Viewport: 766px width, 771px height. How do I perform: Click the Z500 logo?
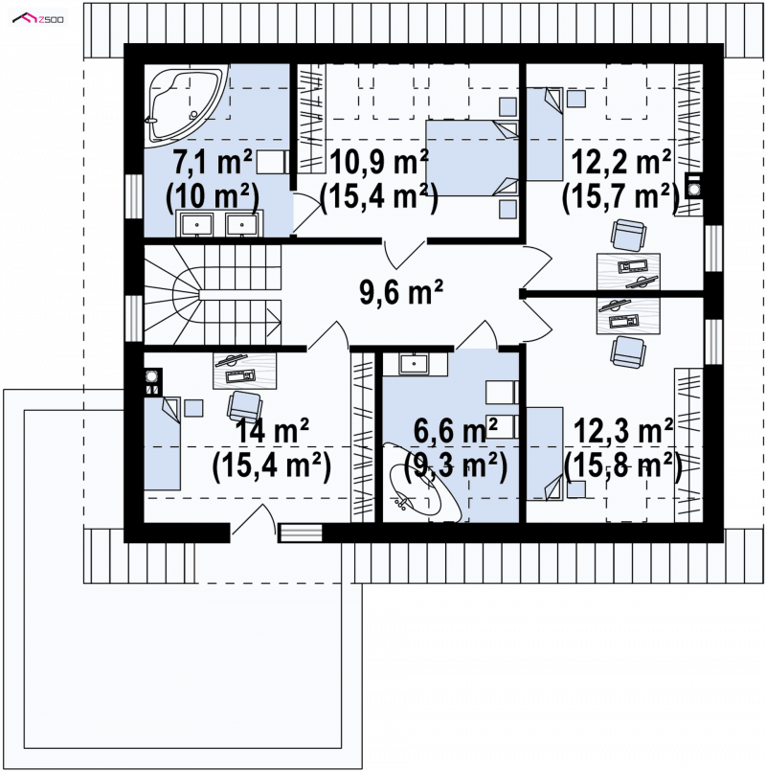click(38, 19)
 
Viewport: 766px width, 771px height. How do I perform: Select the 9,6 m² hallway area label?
click(401, 292)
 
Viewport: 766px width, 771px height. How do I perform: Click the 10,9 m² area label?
click(379, 162)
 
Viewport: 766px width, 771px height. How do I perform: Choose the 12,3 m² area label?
click(623, 431)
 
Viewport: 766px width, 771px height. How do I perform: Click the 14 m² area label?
click(272, 431)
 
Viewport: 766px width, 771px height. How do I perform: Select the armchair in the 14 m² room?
click(244, 407)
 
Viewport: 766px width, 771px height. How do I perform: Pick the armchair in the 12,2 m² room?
click(628, 235)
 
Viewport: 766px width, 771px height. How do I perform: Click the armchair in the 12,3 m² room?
click(628, 352)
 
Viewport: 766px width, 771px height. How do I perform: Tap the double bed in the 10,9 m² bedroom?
click(472, 158)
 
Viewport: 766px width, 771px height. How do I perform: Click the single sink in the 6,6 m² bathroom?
click(415, 364)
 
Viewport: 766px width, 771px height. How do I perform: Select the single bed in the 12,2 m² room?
click(545, 134)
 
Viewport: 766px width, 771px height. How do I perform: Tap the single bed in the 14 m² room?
click(162, 443)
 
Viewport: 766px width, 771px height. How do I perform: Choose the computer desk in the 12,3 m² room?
click(628, 316)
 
